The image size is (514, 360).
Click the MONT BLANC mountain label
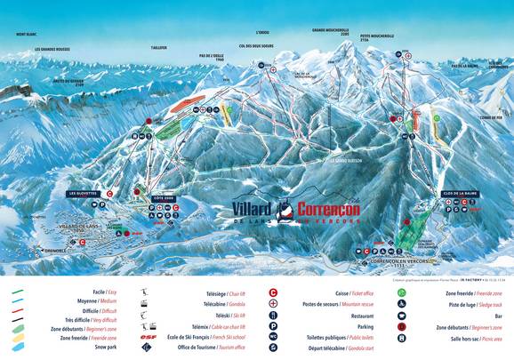(26, 35)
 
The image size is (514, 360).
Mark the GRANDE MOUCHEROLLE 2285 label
(329, 31)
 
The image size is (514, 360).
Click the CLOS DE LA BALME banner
(457, 193)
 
